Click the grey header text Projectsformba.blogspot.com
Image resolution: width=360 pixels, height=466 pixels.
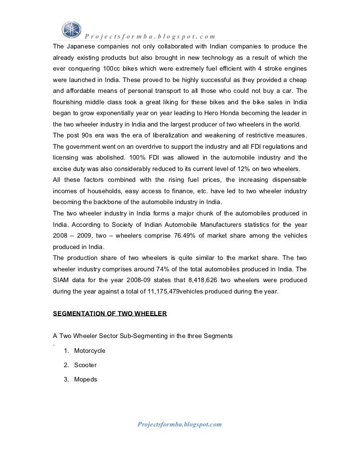tap(150, 36)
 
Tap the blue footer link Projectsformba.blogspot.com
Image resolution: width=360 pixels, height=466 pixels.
tap(180, 424)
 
